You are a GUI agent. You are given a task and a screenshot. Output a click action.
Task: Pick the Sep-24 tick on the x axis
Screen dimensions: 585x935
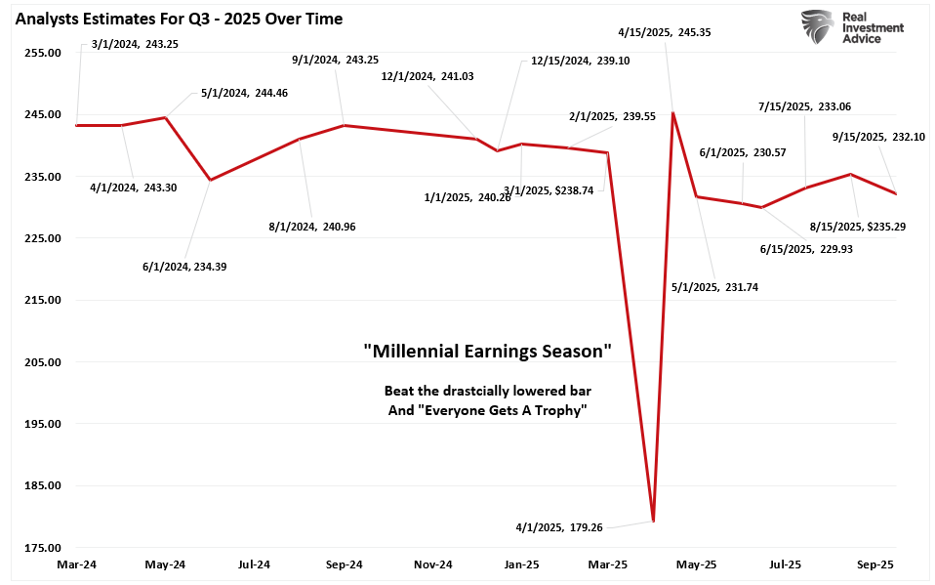coord(344,564)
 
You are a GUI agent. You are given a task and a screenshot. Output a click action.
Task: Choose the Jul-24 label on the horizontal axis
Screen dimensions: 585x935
coord(254,564)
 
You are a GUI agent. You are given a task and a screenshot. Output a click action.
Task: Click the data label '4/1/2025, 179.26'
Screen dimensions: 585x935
coord(558,527)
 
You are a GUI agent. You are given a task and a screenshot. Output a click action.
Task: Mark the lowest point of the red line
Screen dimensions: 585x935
coord(653,522)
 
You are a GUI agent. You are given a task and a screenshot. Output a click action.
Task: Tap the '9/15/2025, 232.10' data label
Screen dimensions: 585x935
coord(869,137)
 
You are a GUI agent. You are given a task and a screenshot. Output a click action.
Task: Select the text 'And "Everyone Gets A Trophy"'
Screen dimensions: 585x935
coord(487,410)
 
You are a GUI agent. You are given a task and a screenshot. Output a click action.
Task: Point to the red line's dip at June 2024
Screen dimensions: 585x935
coord(210,180)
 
